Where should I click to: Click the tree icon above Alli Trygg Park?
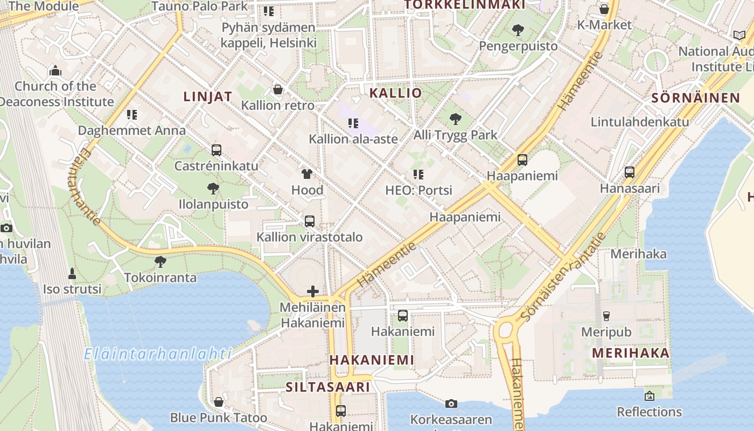pyautogui.click(x=456, y=119)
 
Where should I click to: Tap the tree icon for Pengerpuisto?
pyautogui.click(x=518, y=30)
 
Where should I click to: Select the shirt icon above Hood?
pyautogui.click(x=307, y=174)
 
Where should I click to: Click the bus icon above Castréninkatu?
pyautogui.click(x=217, y=150)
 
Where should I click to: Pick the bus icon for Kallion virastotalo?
pyautogui.click(x=310, y=221)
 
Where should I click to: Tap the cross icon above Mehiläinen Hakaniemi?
pyautogui.click(x=313, y=292)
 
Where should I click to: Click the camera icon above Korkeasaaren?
pyautogui.click(x=451, y=404)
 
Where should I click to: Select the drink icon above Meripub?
pyautogui.click(x=606, y=316)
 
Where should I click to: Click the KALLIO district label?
pyautogui.click(x=396, y=93)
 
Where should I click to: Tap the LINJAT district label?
pyautogui.click(x=208, y=97)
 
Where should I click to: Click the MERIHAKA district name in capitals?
pyautogui.click(x=631, y=353)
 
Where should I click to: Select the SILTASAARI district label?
pyautogui.click(x=328, y=387)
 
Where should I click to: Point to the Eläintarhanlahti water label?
pyautogui.click(x=158, y=354)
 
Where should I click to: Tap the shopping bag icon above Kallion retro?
pyautogui.click(x=278, y=89)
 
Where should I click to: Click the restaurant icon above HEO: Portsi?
pyautogui.click(x=418, y=175)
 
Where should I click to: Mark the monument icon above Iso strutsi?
pyautogui.click(x=72, y=273)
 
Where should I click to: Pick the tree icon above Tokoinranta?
pyautogui.click(x=160, y=262)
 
